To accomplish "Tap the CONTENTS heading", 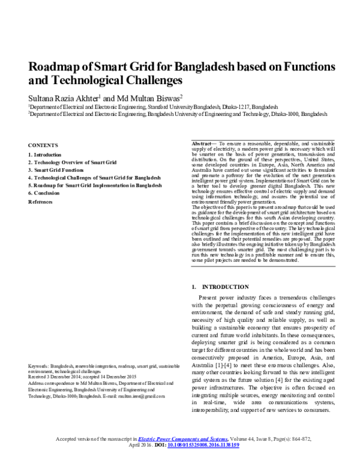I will [x=43, y=145].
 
